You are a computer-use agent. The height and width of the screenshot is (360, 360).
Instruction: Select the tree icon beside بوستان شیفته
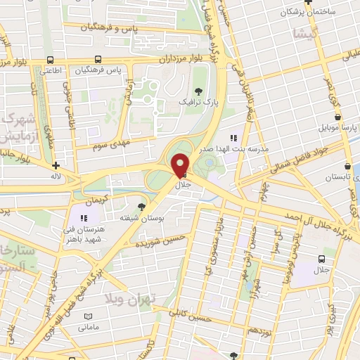click(x=143, y=205)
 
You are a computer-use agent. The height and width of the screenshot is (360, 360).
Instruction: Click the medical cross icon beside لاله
click(x=56, y=166)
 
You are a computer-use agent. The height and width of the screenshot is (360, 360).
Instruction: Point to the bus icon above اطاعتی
click(x=49, y=60)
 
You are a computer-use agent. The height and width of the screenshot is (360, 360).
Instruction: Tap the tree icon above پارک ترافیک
click(x=200, y=89)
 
